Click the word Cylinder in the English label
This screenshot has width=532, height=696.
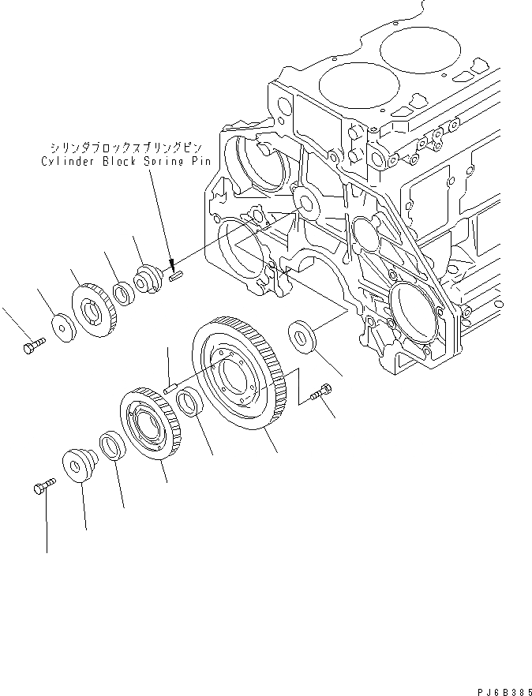[x=66, y=160]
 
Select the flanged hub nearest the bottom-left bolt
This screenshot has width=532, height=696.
[x=78, y=463]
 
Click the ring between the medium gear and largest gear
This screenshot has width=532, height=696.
[x=189, y=404]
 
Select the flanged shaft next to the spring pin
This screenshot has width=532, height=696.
[x=148, y=279]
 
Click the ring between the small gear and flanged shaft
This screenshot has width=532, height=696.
[x=122, y=293]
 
